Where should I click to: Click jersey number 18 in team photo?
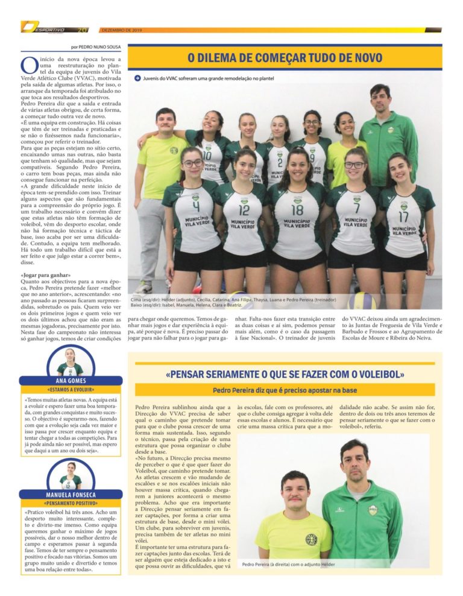point(297,209)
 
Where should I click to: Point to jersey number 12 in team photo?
point(244,210)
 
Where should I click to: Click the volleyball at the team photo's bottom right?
point(362,300)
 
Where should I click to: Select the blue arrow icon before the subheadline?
point(137,78)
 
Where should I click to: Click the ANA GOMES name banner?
point(71,381)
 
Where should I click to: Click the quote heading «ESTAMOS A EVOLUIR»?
point(71,390)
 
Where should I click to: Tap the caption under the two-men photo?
point(288,564)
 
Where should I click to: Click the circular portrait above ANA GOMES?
point(71,361)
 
